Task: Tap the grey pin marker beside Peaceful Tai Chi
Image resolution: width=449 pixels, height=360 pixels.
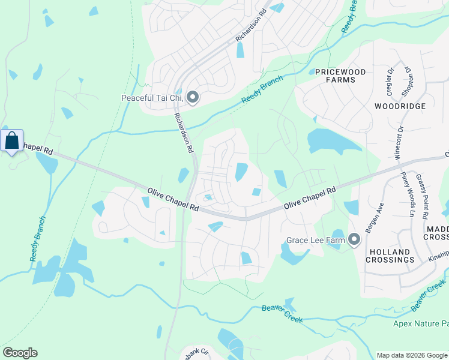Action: pos(193,97)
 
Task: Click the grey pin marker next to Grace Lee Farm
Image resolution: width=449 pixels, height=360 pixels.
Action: pos(354,240)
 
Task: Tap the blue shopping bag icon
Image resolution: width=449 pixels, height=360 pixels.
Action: pos(11,141)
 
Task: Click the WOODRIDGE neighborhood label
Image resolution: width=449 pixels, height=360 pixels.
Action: pos(400,106)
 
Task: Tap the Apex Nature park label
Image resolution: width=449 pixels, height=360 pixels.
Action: pos(420,324)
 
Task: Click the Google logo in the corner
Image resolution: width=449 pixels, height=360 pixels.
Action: pos(20,353)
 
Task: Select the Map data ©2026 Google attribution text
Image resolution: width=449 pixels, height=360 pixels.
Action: pos(411,355)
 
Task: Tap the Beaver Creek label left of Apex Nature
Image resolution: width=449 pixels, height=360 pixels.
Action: pos(282,314)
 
